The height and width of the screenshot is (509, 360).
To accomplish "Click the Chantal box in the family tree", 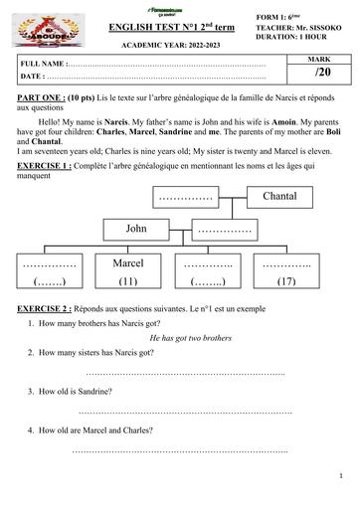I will click(x=279, y=196).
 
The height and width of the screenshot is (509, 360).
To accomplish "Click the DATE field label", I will click(x=33, y=76).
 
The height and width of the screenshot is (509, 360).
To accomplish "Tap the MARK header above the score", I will click(x=321, y=60).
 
